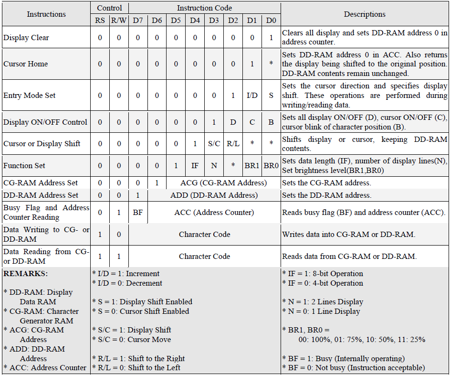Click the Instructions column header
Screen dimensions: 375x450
click(46, 14)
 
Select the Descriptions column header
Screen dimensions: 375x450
click(365, 14)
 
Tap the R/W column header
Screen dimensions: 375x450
click(119, 21)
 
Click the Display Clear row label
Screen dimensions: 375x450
click(26, 38)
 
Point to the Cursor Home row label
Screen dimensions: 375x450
click(26, 64)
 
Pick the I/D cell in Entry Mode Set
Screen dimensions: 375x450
click(252, 96)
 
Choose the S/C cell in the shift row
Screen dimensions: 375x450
click(214, 144)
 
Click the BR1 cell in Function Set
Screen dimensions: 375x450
click(252, 166)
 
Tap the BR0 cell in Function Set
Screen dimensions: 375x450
click(271, 166)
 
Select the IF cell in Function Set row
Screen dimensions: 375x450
click(195, 166)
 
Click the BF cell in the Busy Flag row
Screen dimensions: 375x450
click(138, 213)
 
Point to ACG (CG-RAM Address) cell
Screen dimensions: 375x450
click(223, 183)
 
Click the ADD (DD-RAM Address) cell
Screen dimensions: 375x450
click(214, 195)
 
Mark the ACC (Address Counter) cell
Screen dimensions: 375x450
click(214, 213)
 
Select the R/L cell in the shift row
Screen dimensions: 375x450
click(233, 144)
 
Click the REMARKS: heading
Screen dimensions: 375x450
click(25, 274)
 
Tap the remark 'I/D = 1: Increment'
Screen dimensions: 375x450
click(126, 274)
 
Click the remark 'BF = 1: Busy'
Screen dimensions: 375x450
click(344, 358)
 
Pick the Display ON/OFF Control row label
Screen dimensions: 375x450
click(45, 122)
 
